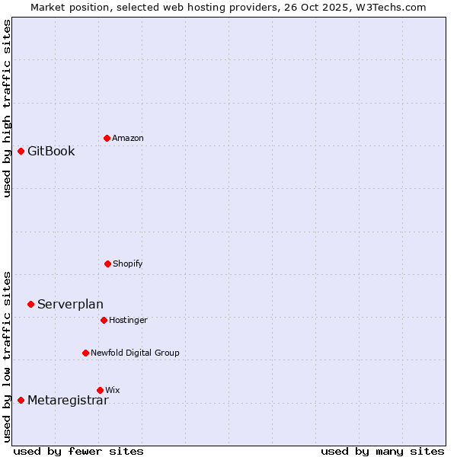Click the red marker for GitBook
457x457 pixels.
click(21, 151)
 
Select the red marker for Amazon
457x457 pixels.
click(107, 138)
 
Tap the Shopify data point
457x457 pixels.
click(107, 264)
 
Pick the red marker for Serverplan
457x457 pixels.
click(30, 304)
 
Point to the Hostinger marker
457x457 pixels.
click(104, 320)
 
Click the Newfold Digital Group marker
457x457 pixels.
click(85, 353)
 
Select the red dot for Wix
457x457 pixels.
click(100, 390)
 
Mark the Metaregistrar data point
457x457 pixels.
click(21, 400)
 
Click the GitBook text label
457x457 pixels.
click(51, 151)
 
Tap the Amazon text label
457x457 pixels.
click(128, 138)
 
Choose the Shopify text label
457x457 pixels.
click(128, 264)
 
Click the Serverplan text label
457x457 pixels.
click(70, 305)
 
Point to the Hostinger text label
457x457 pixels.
click(128, 320)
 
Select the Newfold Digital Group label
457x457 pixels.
click(135, 353)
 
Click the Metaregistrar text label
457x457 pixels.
click(68, 401)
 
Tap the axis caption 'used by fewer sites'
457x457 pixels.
click(78, 451)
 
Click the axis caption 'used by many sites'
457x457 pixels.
click(382, 451)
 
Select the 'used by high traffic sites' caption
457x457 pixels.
click(7, 108)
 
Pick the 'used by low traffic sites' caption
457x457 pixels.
click(7, 356)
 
